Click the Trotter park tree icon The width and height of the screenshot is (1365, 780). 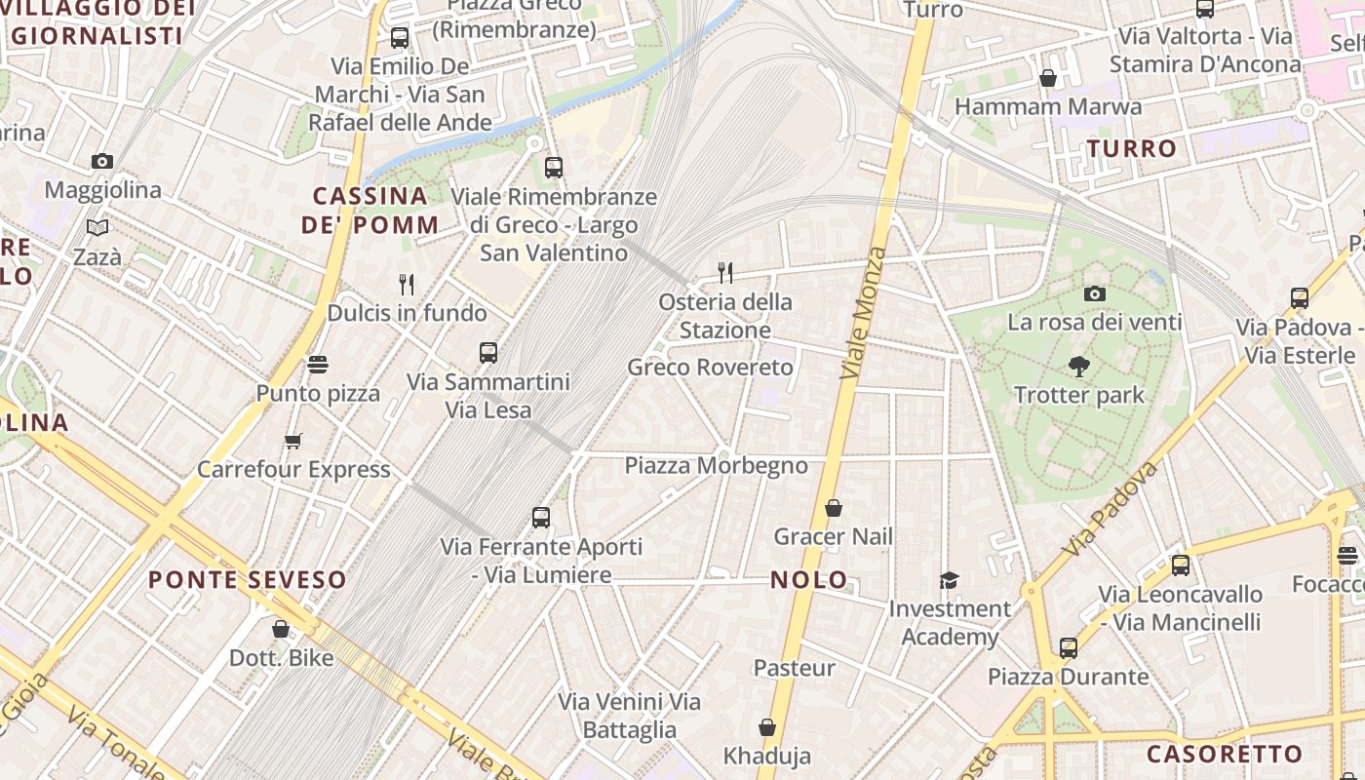(1078, 367)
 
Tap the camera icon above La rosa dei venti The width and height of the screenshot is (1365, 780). (1094, 293)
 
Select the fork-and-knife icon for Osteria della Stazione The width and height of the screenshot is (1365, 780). (724, 272)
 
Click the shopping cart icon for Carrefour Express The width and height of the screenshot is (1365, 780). (292, 441)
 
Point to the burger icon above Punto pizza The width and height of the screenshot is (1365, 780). (317, 365)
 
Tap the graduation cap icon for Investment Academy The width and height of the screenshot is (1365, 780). (949, 581)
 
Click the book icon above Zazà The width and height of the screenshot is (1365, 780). (97, 228)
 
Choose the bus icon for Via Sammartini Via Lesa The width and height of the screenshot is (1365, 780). (488, 353)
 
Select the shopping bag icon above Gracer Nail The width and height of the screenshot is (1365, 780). (833, 508)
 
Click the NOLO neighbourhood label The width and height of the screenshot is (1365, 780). (809, 580)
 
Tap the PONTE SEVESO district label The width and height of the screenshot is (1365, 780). (248, 580)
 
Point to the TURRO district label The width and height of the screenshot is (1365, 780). (1132, 149)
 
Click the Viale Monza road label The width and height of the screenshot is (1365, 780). (863, 314)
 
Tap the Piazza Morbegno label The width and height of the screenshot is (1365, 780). (717, 466)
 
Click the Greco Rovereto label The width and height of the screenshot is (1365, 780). (710, 368)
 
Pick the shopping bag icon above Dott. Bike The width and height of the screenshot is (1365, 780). (281, 630)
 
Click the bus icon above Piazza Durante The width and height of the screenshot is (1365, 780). (1068, 647)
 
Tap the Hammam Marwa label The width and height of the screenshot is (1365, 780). (1048, 107)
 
